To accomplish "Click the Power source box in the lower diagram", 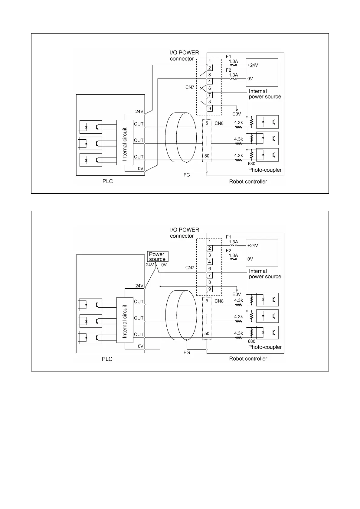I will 157,257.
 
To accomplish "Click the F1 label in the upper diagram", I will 228,57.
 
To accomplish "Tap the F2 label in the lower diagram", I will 228,251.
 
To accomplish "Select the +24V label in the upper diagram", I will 253,65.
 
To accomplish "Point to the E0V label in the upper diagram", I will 237,114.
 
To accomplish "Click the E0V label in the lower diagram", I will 237,294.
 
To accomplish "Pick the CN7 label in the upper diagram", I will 190,87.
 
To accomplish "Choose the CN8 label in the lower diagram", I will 219,301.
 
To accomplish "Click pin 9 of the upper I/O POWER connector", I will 209,109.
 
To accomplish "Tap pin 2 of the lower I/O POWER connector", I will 209,248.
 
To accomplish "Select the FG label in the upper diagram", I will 187,175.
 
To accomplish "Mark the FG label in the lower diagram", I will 187,352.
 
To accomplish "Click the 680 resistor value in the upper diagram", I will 251,164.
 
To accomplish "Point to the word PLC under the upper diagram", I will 107,181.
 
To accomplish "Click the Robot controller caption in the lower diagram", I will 248,359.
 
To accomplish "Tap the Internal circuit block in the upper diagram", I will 125,143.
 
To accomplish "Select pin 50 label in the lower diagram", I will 207,333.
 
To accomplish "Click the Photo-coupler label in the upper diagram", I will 265,170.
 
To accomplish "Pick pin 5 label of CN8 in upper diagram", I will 207,123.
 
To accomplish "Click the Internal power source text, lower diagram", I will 265,274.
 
